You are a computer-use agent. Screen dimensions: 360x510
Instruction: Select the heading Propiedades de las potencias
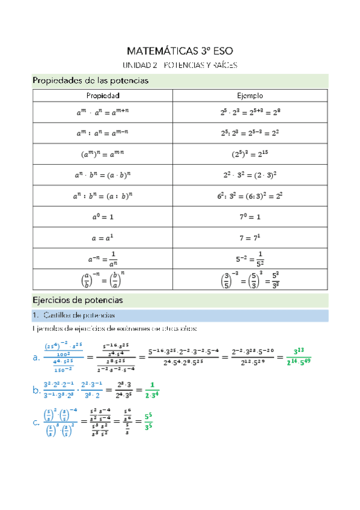pos(90,80)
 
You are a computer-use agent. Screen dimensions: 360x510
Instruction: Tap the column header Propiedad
pos(103,96)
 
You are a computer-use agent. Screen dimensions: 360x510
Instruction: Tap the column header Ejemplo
pos(250,96)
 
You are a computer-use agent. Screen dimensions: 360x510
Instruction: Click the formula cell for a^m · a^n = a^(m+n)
pos(103,112)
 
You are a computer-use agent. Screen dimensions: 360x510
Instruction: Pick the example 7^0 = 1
pos(249,215)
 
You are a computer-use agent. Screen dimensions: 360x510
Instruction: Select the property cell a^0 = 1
pos(103,215)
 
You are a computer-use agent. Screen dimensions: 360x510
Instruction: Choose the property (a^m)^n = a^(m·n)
pos(103,153)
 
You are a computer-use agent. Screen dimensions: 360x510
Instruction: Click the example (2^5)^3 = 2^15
pos(249,153)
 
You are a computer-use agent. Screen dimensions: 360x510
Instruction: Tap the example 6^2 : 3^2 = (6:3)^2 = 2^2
pos(249,195)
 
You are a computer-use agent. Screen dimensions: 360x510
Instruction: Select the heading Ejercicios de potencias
pos(78,299)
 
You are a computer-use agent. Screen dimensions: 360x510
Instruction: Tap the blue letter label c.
pos(35,423)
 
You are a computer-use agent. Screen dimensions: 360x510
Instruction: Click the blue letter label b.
pos(35,390)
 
